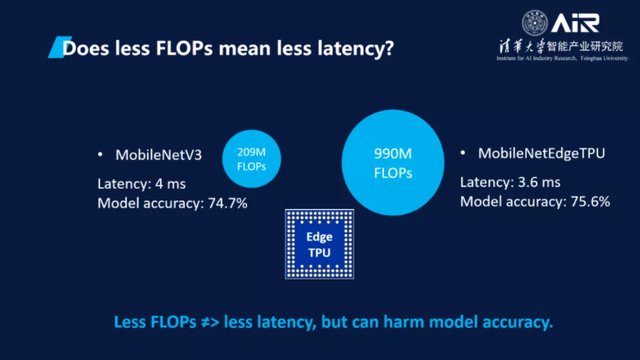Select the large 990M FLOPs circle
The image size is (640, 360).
tap(393, 163)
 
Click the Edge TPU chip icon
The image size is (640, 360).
tap(319, 243)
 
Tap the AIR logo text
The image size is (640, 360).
tap(575, 21)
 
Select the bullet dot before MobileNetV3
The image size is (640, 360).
tap(100, 154)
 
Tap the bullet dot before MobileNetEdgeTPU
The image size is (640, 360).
tap(463, 153)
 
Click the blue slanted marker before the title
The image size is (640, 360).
tap(55, 49)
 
